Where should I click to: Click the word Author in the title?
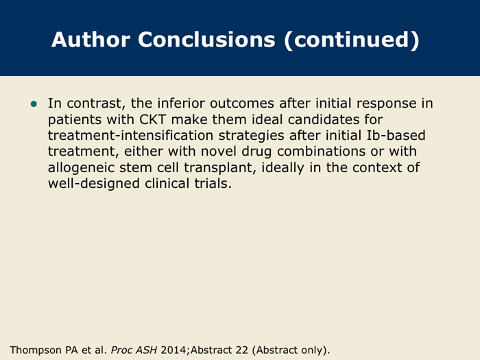[91, 40]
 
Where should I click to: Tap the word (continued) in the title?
[351, 40]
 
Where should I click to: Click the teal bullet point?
[34, 104]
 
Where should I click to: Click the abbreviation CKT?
[152, 119]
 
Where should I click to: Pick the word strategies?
[252, 136]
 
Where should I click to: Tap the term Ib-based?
[396, 135]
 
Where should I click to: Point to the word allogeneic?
[81, 168]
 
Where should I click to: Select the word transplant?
[220, 168]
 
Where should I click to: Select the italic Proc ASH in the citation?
[134, 350]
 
